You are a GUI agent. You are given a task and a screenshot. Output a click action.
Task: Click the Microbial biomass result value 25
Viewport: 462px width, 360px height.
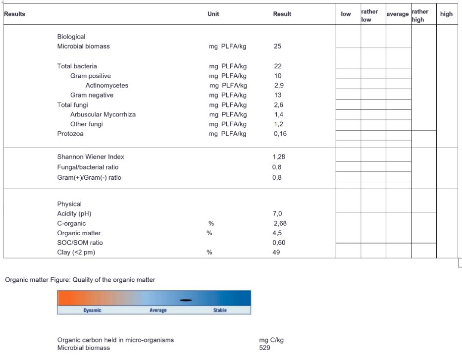pos(277,47)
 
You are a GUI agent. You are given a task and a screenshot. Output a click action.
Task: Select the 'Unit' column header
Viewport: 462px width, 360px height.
pos(213,14)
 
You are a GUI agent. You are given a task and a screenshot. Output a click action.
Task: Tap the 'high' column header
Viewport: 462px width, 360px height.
pos(446,14)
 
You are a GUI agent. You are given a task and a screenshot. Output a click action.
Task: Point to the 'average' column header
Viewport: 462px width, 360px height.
pos(398,14)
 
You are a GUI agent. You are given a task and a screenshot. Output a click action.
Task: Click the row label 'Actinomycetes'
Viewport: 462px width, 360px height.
pos(106,86)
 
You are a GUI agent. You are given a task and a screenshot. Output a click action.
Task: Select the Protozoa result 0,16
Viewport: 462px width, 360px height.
pos(280,134)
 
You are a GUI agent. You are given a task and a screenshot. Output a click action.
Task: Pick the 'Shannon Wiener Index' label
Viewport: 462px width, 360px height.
pos(91,157)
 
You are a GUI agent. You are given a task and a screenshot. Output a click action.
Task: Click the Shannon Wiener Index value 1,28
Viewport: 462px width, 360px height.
pos(279,157)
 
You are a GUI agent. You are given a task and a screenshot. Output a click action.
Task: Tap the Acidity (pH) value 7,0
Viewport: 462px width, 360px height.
pos(277,214)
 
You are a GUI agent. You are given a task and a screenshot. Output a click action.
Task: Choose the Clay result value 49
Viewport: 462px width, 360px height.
pos(276,253)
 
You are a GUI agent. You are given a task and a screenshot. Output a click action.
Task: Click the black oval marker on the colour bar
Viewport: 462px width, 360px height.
pos(186,300)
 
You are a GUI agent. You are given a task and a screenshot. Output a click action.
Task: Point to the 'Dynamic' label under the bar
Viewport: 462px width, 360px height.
pos(92,310)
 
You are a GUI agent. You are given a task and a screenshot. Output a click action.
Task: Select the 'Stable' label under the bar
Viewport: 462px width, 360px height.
pos(220,310)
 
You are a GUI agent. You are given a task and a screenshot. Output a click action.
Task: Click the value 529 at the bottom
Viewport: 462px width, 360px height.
pos(264,348)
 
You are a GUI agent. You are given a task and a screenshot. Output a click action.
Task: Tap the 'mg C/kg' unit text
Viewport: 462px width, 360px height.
pos(271,340)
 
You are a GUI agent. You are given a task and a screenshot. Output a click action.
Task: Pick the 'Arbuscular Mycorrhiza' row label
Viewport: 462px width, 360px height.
pos(103,114)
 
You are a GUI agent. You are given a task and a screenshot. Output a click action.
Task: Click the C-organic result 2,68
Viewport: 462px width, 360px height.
pos(280,223)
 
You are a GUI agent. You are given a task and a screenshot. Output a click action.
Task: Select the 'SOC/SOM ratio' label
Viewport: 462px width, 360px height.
pos(80,243)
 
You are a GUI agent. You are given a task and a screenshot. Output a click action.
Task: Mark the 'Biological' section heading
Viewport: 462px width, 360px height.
pos(71,37)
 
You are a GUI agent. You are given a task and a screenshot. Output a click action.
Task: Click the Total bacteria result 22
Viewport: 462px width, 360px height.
pos(277,66)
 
